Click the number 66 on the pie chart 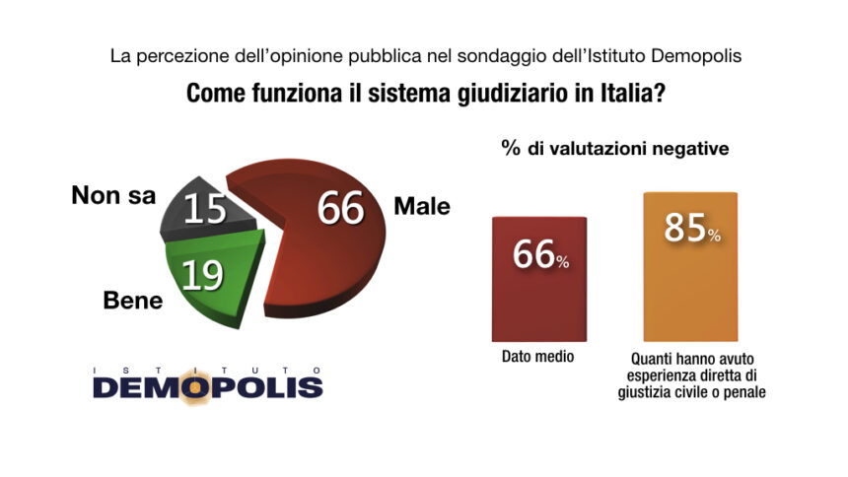coord(340,209)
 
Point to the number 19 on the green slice coord(201,276)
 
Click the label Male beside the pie coord(421,207)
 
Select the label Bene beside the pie coord(132,302)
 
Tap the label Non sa coord(113,195)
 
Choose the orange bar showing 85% coord(690,296)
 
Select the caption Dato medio coord(538,358)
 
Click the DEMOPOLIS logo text coord(208,387)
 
